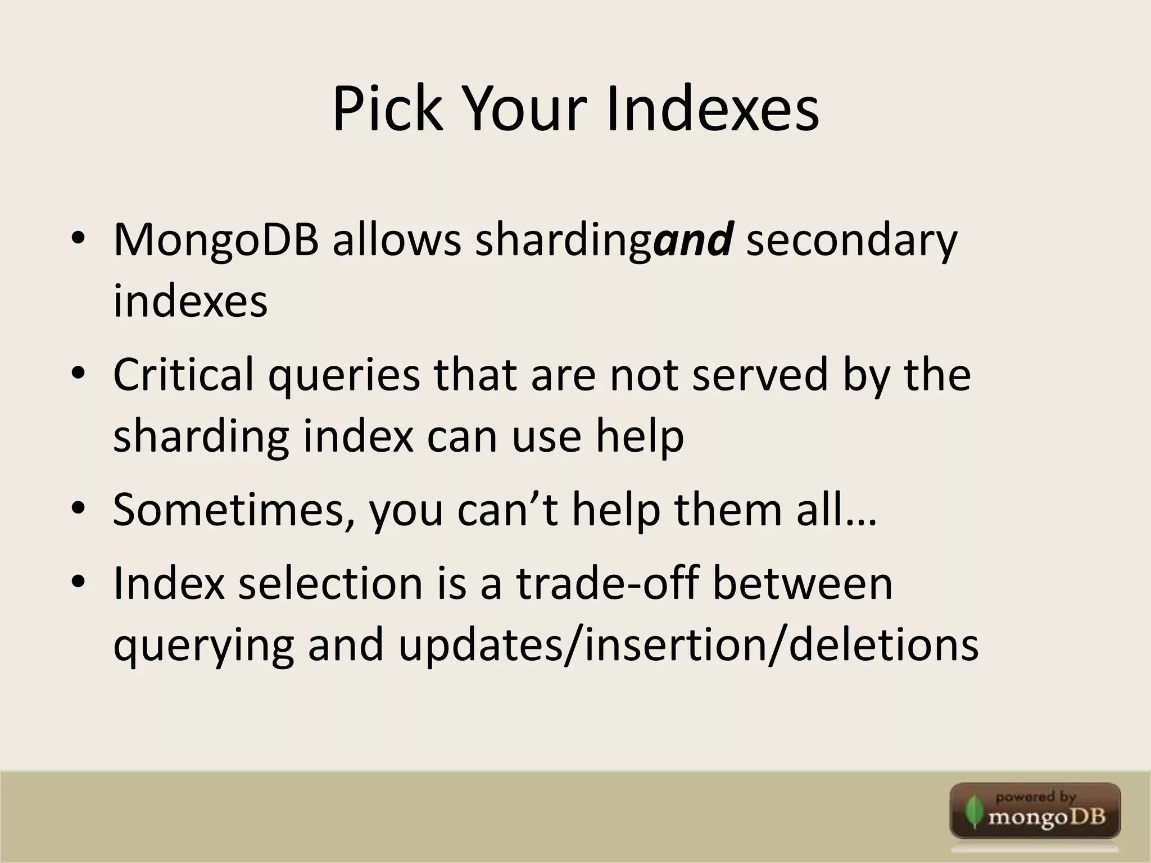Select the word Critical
pyautogui.click(x=183, y=375)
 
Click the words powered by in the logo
pyautogui.click(x=1035, y=797)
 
